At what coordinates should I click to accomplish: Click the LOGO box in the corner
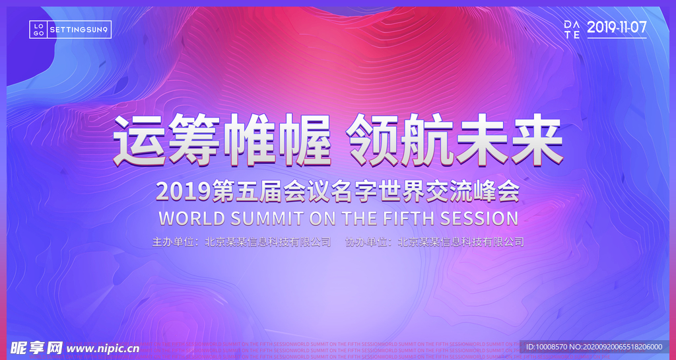pyautogui.click(x=39, y=29)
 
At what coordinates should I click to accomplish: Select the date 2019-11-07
pyautogui.click(x=617, y=27)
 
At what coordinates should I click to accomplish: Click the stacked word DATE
pyautogui.click(x=572, y=29)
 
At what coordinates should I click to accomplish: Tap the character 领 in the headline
pyautogui.click(x=374, y=141)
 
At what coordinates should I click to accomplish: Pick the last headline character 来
pyautogui.click(x=534, y=141)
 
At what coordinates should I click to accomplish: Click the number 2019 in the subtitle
pyautogui.click(x=180, y=192)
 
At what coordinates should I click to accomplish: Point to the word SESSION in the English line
pyautogui.click(x=479, y=218)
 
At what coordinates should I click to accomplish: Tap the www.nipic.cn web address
pyautogui.click(x=103, y=348)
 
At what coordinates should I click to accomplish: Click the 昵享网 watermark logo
pyautogui.click(x=35, y=347)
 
